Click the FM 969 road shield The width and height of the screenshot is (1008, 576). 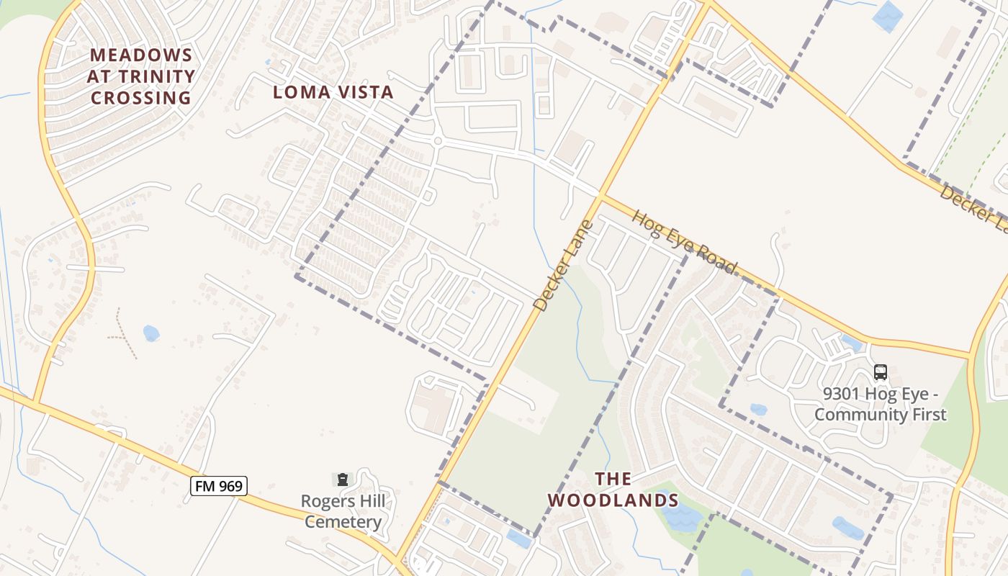(220, 486)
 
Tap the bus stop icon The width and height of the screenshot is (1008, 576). (880, 372)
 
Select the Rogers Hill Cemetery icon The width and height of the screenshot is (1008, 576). (343, 480)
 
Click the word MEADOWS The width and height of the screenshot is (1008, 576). (142, 55)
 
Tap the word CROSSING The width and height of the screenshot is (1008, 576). (141, 98)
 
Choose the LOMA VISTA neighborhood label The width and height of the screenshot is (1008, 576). (333, 92)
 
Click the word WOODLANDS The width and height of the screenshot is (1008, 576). (613, 500)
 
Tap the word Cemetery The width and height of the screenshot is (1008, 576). (343, 522)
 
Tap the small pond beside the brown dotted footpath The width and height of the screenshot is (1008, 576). (150, 333)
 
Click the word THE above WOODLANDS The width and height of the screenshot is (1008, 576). (613, 479)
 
